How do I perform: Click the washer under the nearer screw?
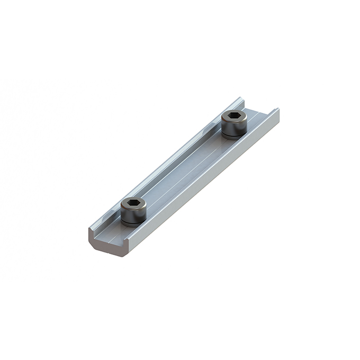132,223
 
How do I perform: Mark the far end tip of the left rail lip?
240,98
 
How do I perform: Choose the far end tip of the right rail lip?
277,110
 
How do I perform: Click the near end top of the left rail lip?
91,229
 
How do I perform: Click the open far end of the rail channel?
259,109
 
